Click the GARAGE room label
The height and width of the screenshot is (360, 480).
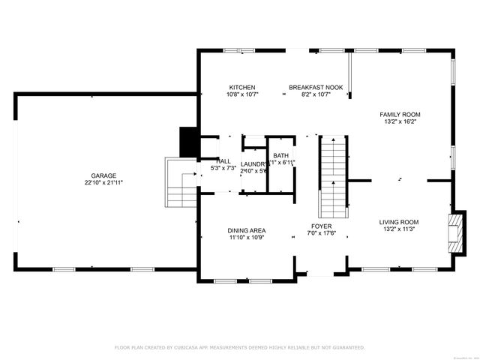(x=103, y=175)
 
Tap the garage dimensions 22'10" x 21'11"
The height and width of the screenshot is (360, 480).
(x=103, y=182)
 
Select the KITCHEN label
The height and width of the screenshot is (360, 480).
(x=242, y=88)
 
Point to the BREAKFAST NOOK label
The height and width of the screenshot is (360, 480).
(x=316, y=88)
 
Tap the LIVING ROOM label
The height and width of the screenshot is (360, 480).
(x=398, y=222)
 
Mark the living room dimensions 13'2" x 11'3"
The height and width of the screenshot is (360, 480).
(x=398, y=229)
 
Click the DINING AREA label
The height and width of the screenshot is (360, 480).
(x=247, y=230)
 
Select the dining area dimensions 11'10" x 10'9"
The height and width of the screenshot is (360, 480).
(x=247, y=238)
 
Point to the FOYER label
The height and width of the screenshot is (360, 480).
(x=322, y=226)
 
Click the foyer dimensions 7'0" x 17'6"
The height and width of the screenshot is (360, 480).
(x=322, y=233)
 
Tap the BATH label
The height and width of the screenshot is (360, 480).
(x=280, y=155)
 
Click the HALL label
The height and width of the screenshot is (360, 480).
(x=223, y=161)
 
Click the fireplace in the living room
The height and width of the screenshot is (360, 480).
(x=454, y=235)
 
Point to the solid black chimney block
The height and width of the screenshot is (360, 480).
(x=187, y=142)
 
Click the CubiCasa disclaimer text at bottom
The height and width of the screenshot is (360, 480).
(x=239, y=347)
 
